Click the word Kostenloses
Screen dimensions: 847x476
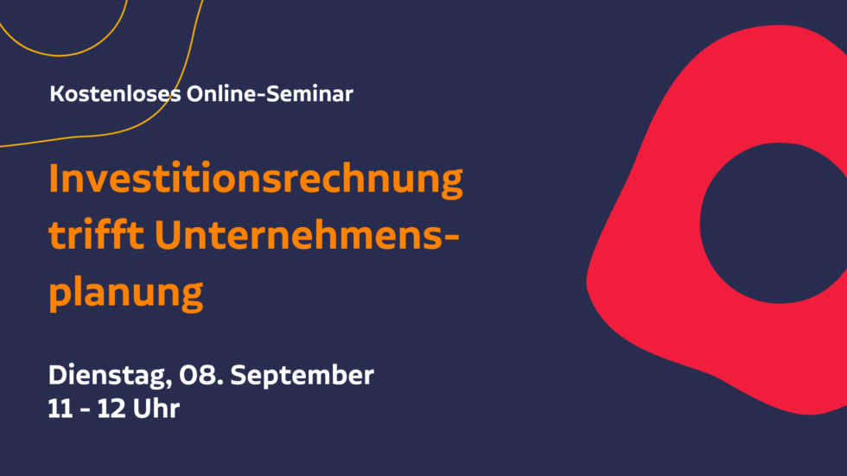pyautogui.click(x=115, y=94)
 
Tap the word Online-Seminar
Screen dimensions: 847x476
pyautogui.click(x=270, y=94)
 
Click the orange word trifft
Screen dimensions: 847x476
pyautogui.click(x=97, y=234)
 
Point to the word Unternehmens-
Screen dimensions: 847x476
pyautogui.click(x=307, y=235)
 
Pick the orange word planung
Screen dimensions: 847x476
pyautogui.click(x=126, y=293)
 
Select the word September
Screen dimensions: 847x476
pyautogui.click(x=302, y=376)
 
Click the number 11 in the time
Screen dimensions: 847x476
pyautogui.click(x=60, y=409)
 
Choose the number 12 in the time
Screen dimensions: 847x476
pyautogui.click(x=111, y=409)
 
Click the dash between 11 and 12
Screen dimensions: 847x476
pyautogui.click(x=85, y=410)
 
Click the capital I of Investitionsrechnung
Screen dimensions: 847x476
pyautogui.click(x=54, y=178)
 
